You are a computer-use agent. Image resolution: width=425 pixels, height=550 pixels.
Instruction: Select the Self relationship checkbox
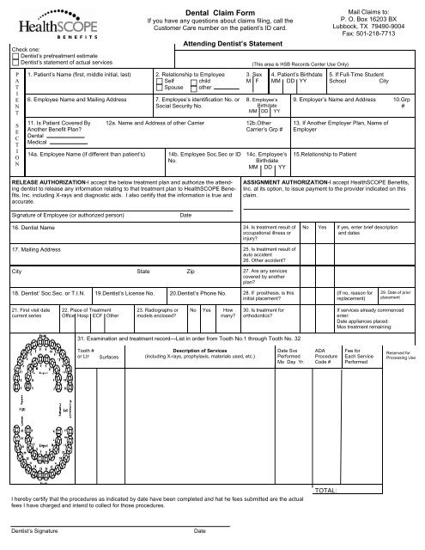point(159,82)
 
